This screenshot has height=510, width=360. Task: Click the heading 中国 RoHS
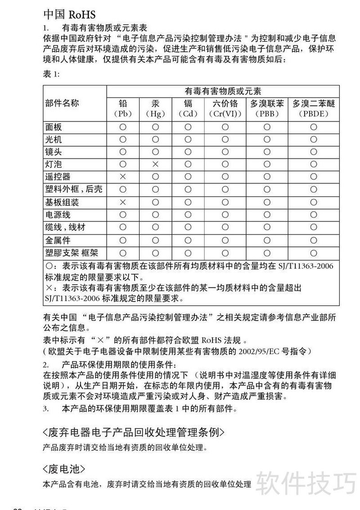(69, 14)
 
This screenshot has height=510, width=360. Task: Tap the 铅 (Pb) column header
(122, 108)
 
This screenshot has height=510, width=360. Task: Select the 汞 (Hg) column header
(155, 108)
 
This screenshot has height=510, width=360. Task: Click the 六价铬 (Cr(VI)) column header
(225, 108)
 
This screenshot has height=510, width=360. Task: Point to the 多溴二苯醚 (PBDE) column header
(313, 108)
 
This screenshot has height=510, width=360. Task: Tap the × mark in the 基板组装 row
(122, 202)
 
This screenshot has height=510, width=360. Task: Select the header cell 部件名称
(62, 103)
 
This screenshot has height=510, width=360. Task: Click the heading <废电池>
(63, 469)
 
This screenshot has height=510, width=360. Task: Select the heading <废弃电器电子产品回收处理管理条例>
(133, 433)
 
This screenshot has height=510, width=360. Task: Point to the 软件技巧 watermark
(306, 483)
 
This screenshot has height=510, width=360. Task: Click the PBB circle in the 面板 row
(267, 127)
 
